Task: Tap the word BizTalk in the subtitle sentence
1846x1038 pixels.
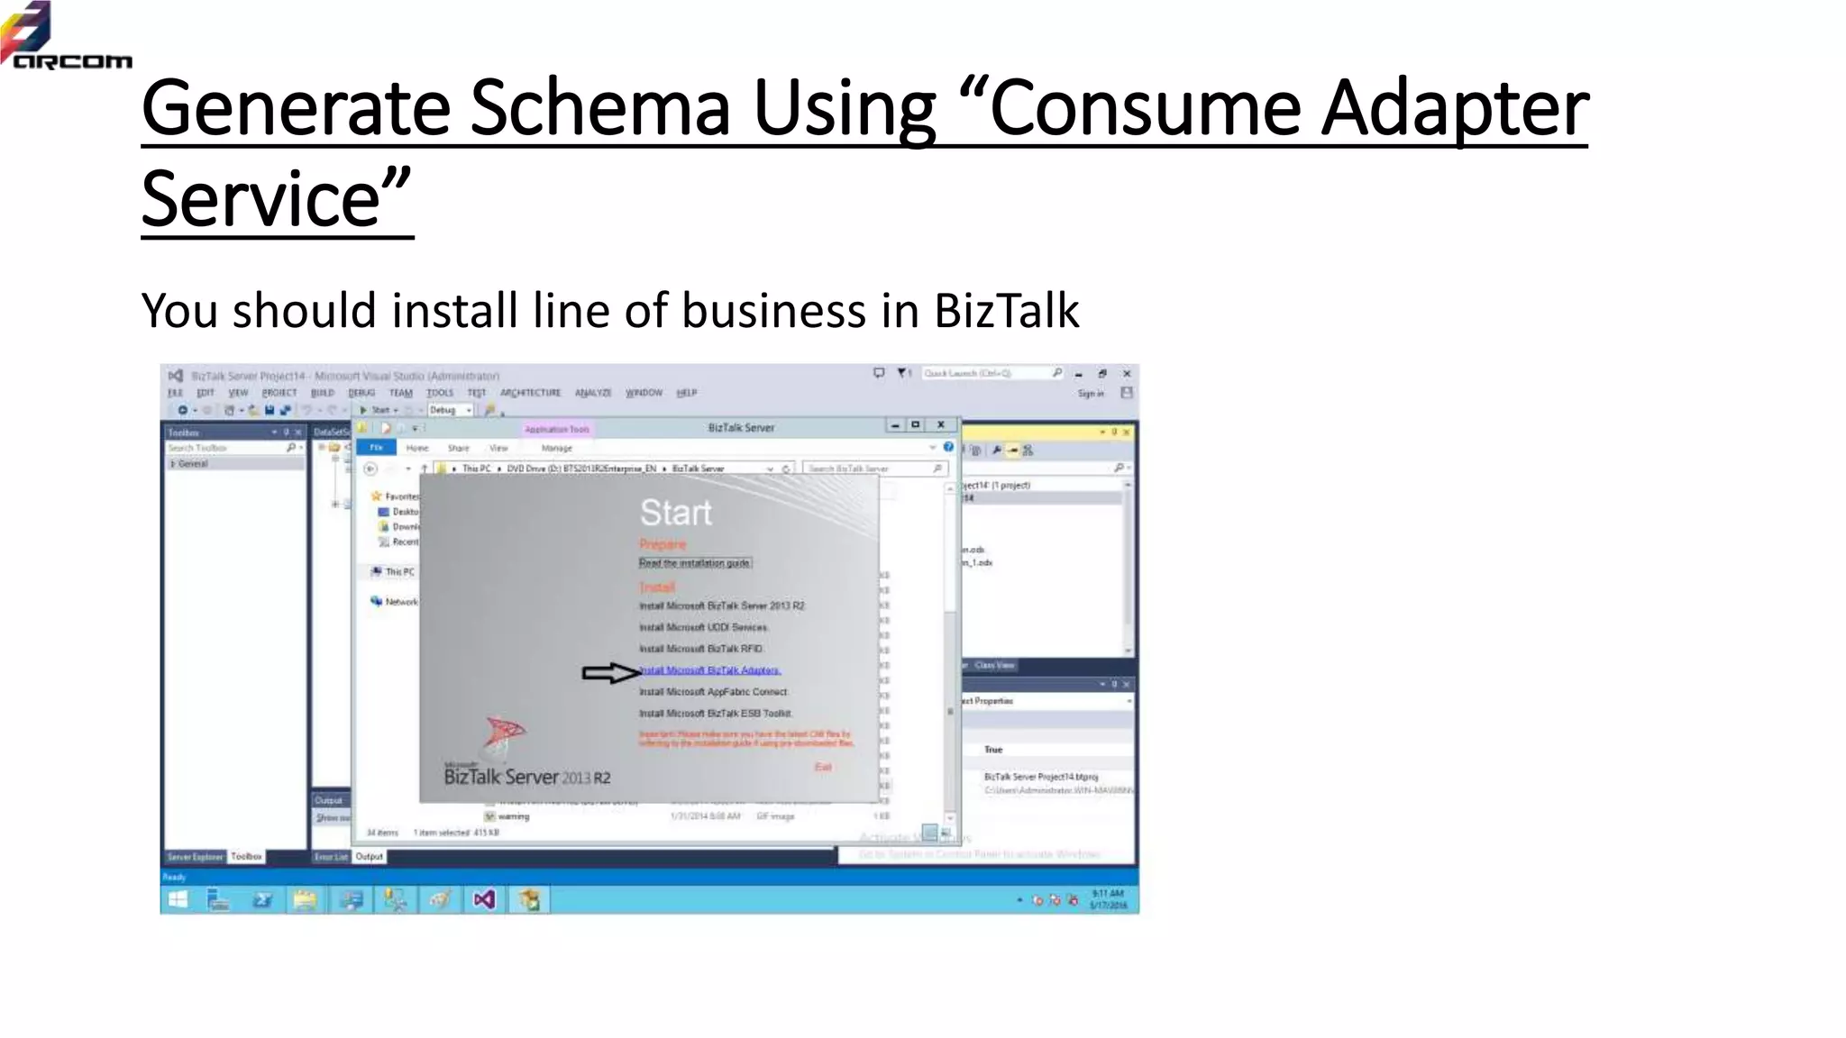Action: [1006, 311]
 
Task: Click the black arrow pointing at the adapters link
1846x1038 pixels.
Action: [610, 673]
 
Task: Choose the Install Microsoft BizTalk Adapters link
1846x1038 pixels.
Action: [710, 670]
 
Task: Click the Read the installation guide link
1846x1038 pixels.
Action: [694, 563]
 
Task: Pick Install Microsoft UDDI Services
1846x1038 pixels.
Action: [703, 627]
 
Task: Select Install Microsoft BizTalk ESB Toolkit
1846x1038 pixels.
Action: [715, 714]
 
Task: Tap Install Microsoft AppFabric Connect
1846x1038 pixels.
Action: [713, 692]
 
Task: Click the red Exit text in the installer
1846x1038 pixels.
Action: [823, 767]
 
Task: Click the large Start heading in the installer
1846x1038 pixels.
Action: [675, 513]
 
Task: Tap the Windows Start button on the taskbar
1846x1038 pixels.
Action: [178, 899]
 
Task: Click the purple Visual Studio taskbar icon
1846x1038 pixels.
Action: [484, 899]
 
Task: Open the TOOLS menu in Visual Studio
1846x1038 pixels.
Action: [440, 393]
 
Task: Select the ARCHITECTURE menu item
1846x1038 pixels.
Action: [530, 393]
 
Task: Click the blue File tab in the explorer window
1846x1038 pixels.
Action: [377, 448]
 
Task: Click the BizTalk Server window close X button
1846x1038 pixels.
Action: [941, 424]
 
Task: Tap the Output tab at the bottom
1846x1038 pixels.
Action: [369, 856]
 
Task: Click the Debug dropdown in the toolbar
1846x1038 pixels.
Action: [450, 410]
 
